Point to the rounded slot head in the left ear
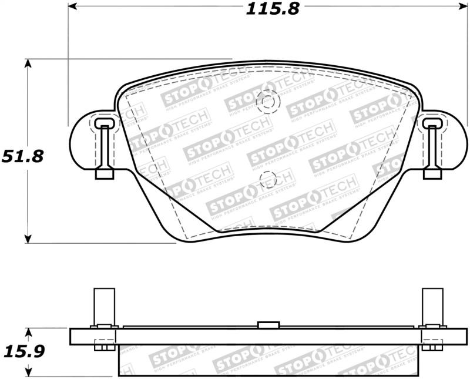[x=103, y=123]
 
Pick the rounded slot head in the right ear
[x=432, y=123]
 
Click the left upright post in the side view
[x=103, y=307]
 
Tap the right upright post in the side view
[x=432, y=307]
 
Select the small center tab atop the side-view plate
[x=268, y=324]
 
